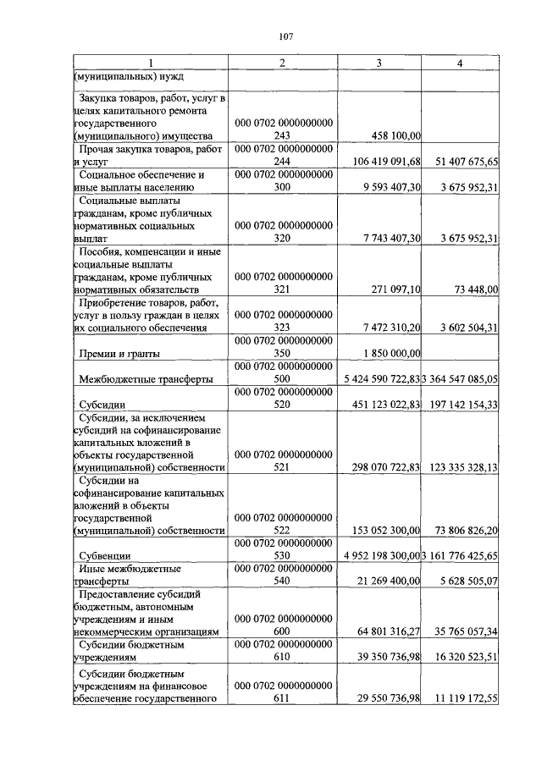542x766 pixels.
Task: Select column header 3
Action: [x=379, y=63]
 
